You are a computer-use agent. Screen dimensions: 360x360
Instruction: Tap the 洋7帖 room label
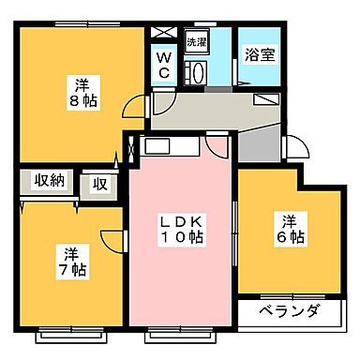click(x=72, y=262)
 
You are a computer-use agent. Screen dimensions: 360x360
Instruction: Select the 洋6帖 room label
click(x=288, y=229)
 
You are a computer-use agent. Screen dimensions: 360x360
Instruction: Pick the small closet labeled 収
click(x=98, y=183)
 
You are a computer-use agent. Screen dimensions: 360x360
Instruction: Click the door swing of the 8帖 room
click(x=138, y=105)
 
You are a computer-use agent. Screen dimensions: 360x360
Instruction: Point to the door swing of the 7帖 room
click(x=113, y=240)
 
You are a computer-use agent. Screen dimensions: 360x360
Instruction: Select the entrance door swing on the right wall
click(x=300, y=148)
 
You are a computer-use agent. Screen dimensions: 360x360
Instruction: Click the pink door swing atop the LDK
click(x=218, y=146)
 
